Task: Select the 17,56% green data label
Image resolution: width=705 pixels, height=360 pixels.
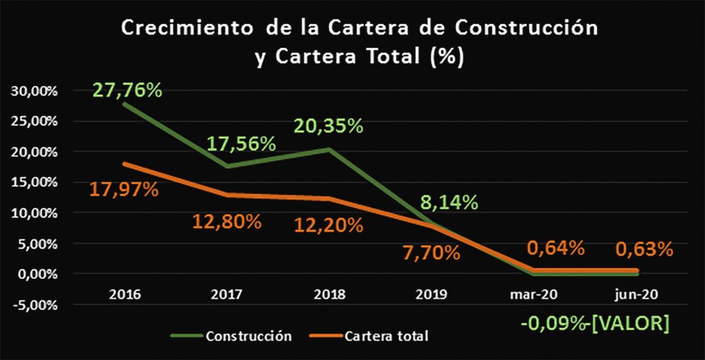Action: point(241,144)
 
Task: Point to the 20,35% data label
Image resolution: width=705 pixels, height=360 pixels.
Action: point(329,126)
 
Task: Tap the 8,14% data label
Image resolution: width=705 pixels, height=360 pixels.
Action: point(448,202)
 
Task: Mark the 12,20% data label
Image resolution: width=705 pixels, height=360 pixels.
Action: point(329,225)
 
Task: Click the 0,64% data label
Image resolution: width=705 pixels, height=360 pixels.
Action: point(556,248)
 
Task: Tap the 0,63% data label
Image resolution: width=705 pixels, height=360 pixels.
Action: point(644,249)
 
